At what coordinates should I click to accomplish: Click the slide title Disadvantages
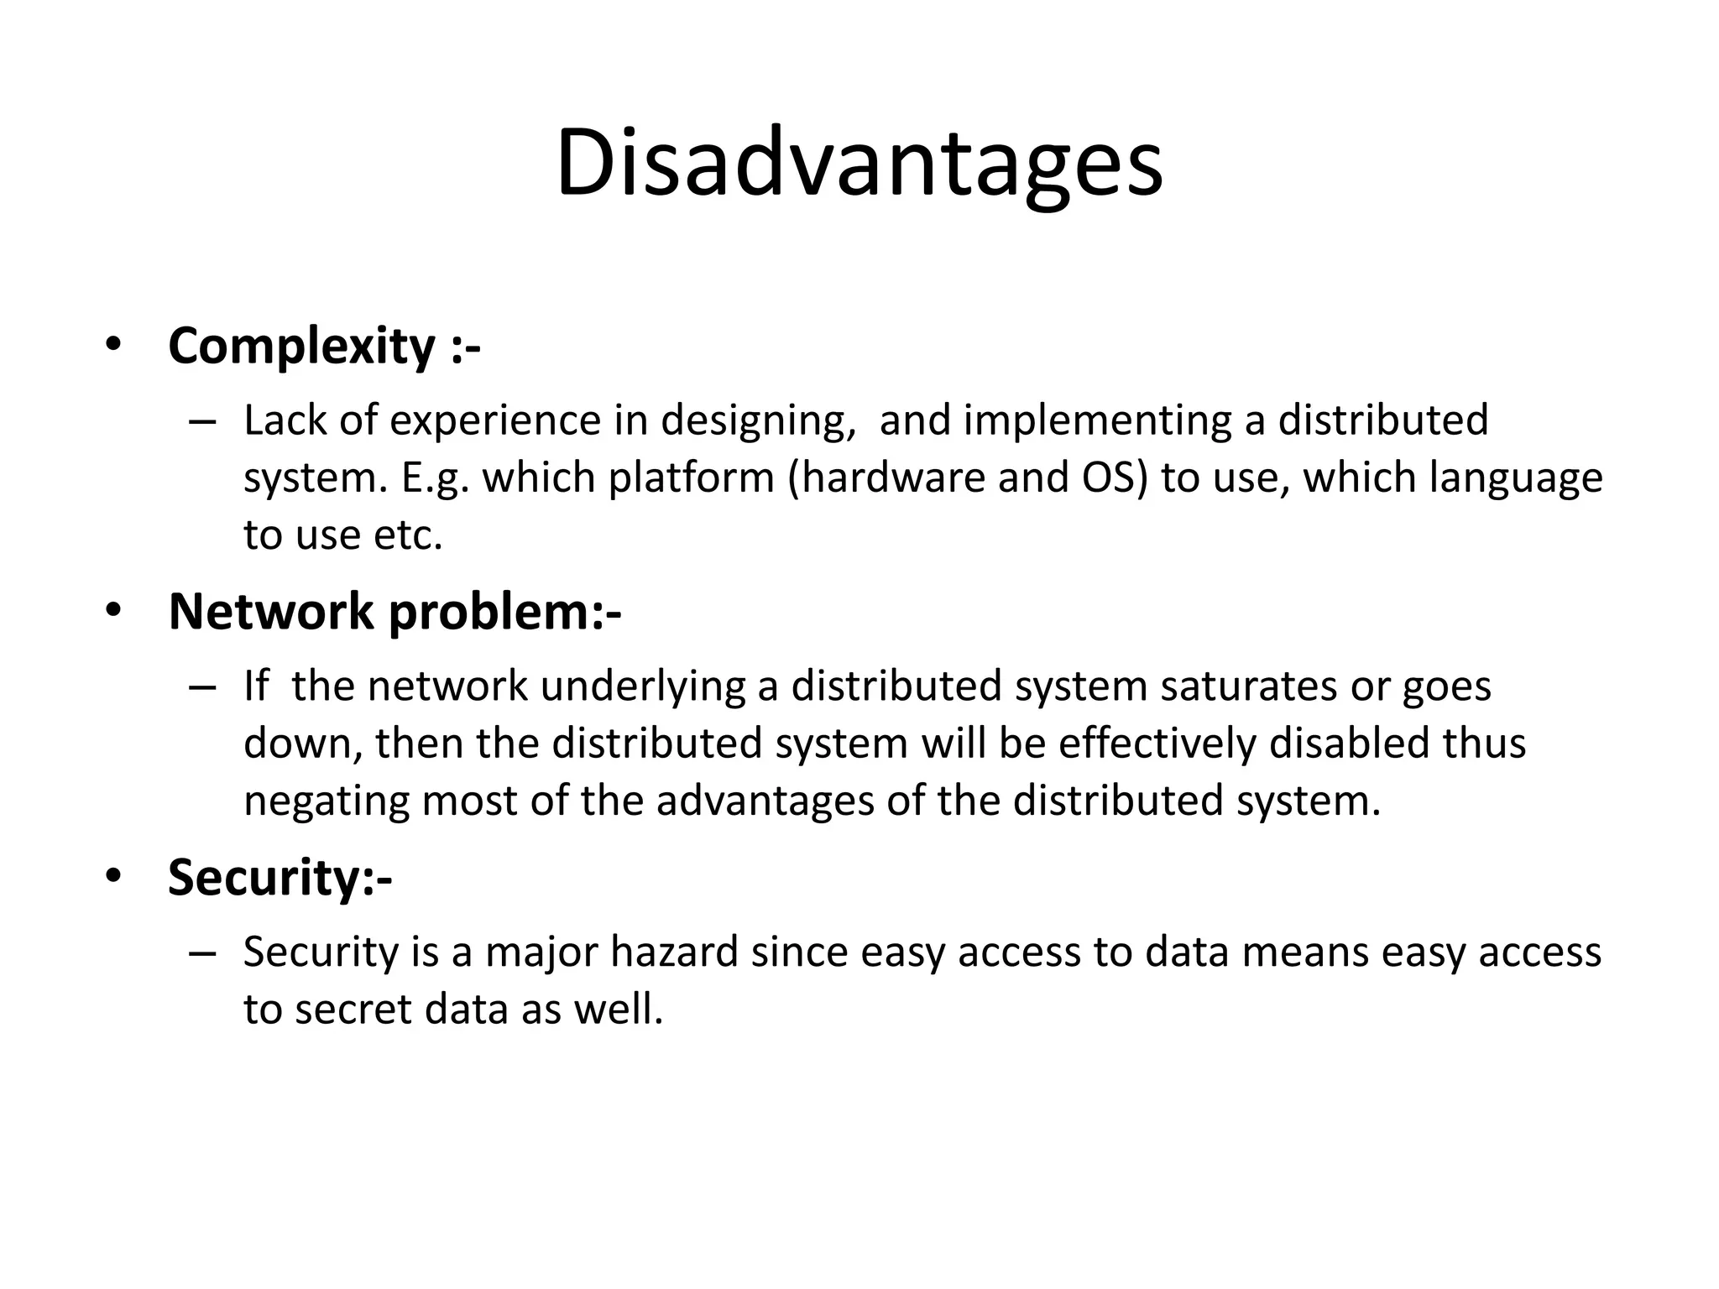pyautogui.click(x=859, y=164)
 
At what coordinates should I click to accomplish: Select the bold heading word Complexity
pyautogui.click(x=301, y=347)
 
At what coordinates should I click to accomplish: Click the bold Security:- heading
pyautogui.click(x=280, y=878)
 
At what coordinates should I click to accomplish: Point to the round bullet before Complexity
pyautogui.click(x=113, y=345)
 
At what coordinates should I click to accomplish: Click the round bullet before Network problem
pyautogui.click(x=113, y=611)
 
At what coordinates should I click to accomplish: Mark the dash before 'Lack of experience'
pyautogui.click(x=202, y=422)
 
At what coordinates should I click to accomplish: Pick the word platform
pyautogui.click(x=691, y=478)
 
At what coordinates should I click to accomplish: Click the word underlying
pyautogui.click(x=642, y=687)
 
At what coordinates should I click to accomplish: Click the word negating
pyautogui.click(x=327, y=802)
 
